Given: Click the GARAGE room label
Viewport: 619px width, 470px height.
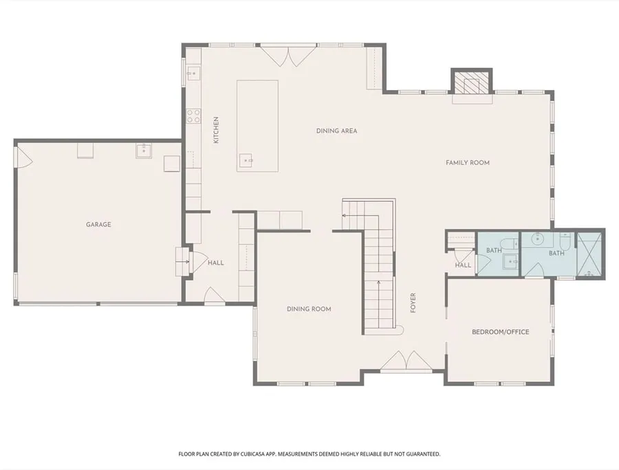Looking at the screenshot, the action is [x=98, y=225].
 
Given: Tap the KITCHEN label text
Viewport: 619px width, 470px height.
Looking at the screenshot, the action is [x=216, y=130].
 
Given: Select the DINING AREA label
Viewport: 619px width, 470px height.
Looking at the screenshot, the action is [x=337, y=131].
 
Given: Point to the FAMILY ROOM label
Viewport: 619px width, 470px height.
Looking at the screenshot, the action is [x=468, y=162].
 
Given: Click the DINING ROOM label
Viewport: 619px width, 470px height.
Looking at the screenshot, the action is [x=309, y=309].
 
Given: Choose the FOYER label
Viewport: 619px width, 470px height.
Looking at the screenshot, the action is [x=413, y=303].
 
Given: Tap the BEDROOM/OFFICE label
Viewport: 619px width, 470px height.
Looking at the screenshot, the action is [x=501, y=332].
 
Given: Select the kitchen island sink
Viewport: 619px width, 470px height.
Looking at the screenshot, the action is [x=246, y=160].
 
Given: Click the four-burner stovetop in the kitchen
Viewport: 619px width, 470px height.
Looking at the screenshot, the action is [x=193, y=116].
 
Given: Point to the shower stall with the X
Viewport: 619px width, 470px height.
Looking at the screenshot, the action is [x=589, y=256].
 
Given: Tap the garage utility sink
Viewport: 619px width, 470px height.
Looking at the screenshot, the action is [x=144, y=150].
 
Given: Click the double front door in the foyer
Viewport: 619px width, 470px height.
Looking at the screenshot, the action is [x=406, y=361].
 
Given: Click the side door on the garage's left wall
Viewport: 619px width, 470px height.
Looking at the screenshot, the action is [x=23, y=157].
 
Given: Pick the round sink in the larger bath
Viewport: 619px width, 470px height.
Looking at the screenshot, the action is [x=538, y=239].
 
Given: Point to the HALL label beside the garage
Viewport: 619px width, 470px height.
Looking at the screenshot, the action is [x=216, y=263].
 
